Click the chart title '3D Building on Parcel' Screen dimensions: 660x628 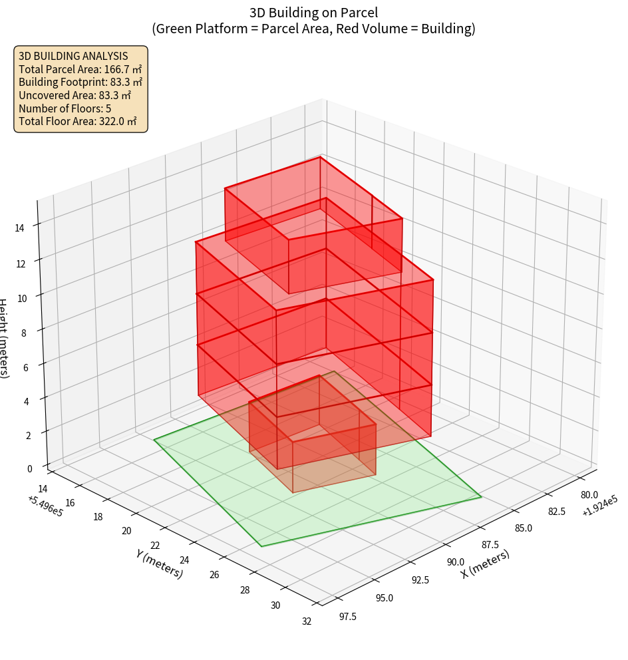(313, 12)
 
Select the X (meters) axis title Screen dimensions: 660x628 (486, 564)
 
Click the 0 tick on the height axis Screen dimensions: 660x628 (30, 468)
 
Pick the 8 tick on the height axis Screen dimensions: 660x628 (24, 332)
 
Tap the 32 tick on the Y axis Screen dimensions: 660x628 (307, 621)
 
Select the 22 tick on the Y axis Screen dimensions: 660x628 (155, 545)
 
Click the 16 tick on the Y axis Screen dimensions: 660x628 (70, 502)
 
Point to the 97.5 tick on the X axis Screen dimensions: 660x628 (348, 616)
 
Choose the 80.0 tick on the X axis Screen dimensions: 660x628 (589, 495)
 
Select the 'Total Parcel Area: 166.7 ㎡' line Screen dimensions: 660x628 (80, 69)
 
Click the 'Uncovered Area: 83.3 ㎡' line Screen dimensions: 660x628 (80, 95)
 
